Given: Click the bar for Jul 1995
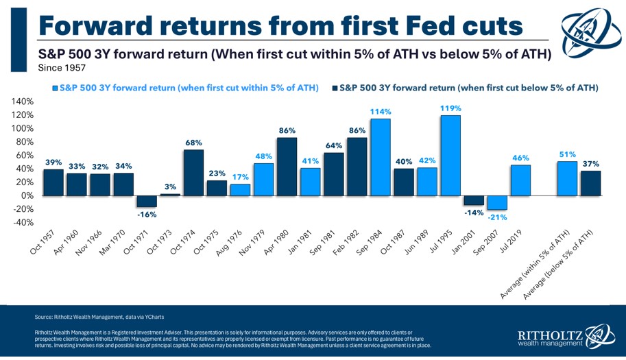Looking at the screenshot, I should click(x=450, y=155).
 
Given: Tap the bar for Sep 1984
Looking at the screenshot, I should click(x=380, y=157).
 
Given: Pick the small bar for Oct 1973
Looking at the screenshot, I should click(x=170, y=194).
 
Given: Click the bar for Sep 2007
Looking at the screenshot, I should click(x=498, y=202).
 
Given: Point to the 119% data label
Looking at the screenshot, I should click(x=451, y=108).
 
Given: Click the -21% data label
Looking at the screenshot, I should click(x=497, y=217).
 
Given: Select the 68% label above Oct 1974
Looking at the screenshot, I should click(x=194, y=143).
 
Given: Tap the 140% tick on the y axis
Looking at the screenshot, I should click(x=23, y=101).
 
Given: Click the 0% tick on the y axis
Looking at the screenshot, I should click(x=27, y=195).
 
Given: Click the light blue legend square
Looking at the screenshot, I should click(x=55, y=88).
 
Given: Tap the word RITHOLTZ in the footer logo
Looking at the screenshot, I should click(x=551, y=335).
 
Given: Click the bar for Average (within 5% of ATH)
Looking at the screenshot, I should click(x=568, y=178).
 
